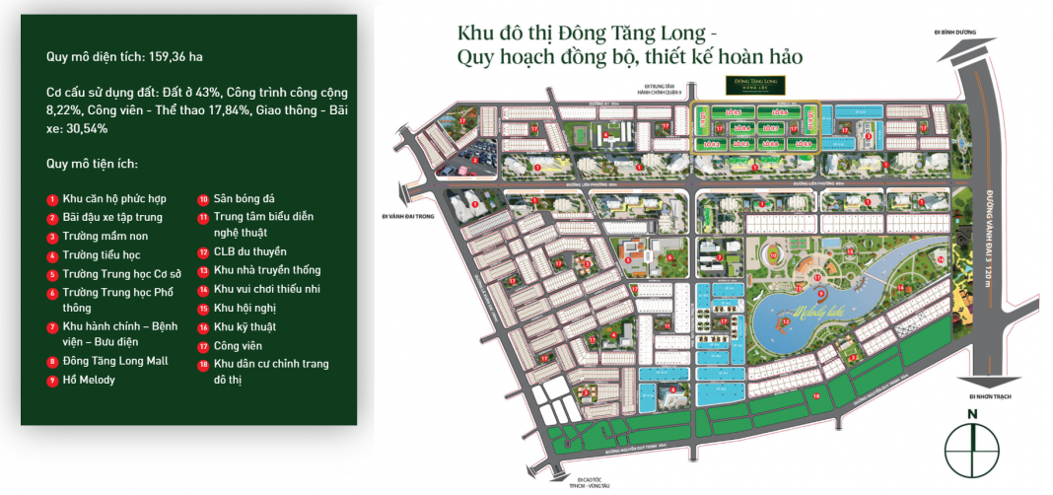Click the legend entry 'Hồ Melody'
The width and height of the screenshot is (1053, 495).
tap(88, 380)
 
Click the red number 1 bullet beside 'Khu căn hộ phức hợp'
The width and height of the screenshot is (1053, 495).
tap(52, 199)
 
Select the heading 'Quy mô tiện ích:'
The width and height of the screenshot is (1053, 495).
tap(92, 163)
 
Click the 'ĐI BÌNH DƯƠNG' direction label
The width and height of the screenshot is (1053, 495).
tap(956, 33)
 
